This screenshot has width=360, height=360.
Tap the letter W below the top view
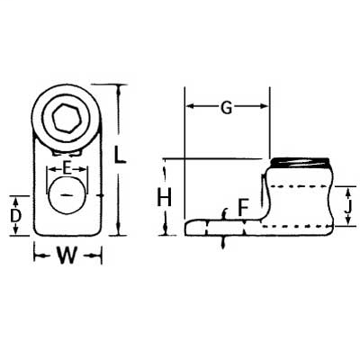[66, 257]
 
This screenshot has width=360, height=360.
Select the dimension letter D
[16, 215]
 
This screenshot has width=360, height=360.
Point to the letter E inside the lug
[67, 167]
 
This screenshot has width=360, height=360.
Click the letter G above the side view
[228, 108]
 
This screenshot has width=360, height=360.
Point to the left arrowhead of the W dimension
[37, 257]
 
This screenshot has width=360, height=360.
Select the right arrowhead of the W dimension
[96, 257]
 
